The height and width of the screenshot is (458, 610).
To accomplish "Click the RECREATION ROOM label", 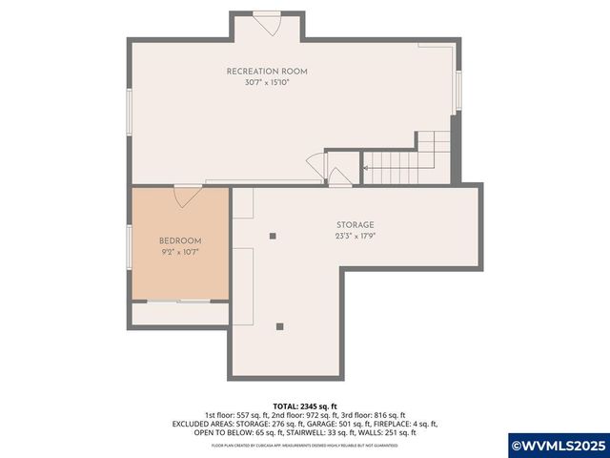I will (x=266, y=72).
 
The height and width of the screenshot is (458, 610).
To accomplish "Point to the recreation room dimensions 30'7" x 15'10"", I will (x=266, y=83).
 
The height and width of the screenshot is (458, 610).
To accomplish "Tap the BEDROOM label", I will (x=179, y=240).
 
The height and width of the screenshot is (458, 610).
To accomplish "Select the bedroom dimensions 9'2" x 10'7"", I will (x=179, y=252).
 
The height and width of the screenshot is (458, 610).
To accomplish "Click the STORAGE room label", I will (x=354, y=225).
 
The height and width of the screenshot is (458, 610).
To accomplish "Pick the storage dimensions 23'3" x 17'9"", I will (x=354, y=237).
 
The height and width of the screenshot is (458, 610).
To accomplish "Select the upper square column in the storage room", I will (x=273, y=236).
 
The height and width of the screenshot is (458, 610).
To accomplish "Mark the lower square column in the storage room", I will (x=279, y=326).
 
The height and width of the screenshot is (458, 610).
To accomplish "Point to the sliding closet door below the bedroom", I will (x=179, y=301).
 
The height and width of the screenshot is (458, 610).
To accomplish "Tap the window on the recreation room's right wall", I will (x=458, y=91).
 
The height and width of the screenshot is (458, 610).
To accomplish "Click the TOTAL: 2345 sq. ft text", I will (x=304, y=406).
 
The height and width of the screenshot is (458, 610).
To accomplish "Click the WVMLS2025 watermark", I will (x=558, y=445).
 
